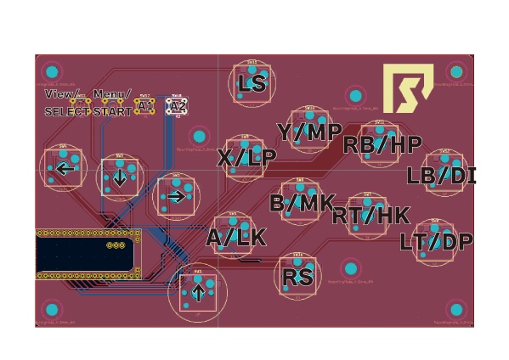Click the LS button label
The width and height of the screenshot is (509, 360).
(252, 83)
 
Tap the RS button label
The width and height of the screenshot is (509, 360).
(298, 276)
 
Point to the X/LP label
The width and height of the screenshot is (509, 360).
(246, 158)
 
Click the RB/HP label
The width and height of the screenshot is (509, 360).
(382, 144)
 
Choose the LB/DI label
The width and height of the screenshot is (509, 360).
(441, 176)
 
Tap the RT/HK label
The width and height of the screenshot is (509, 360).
(370, 216)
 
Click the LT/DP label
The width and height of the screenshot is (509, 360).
(436, 242)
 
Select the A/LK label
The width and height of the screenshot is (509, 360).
(236, 238)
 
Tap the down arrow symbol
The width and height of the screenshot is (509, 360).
(120, 177)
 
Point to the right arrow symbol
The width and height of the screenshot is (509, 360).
(176, 196)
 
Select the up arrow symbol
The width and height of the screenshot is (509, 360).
(198, 293)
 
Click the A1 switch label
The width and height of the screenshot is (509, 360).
(145, 105)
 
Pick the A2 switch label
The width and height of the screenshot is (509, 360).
(178, 106)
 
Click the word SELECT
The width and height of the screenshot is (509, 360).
(66, 111)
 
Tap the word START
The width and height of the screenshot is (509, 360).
(112, 111)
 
